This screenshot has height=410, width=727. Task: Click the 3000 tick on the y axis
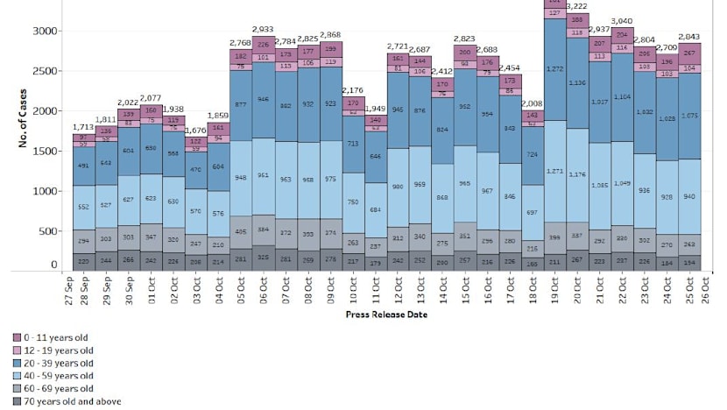45,31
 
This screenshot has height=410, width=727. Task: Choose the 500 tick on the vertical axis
47,231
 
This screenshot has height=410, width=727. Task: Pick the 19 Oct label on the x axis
554,289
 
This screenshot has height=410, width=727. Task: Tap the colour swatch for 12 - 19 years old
18,350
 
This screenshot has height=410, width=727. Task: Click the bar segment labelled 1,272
554,68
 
